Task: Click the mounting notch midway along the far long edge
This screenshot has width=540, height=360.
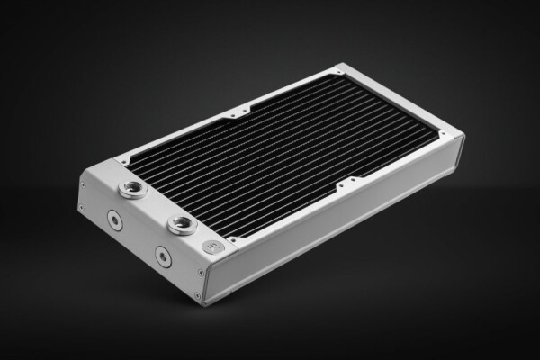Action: pyautogui.click(x=237, y=114)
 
